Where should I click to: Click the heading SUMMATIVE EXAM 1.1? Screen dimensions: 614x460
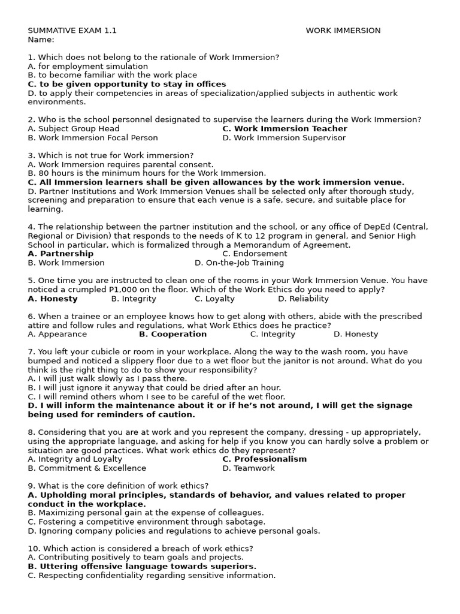click(x=72, y=31)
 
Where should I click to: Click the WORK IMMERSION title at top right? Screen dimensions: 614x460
click(x=343, y=31)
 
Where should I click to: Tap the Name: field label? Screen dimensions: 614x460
click(x=41, y=40)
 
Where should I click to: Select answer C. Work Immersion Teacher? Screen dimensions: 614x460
click(x=285, y=128)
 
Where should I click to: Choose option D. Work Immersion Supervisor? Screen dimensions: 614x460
click(x=284, y=137)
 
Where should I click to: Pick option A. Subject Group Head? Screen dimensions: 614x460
click(x=74, y=128)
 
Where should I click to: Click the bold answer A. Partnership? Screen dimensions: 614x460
click(x=60, y=254)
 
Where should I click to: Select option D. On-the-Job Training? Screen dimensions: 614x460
click(x=239, y=263)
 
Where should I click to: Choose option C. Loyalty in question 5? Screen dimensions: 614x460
click(x=214, y=299)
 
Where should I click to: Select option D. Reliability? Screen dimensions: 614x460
click(x=303, y=299)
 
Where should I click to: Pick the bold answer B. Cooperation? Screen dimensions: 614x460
click(x=172, y=334)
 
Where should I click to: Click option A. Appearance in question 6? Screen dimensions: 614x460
click(x=57, y=334)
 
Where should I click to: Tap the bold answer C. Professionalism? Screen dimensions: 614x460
click(x=264, y=459)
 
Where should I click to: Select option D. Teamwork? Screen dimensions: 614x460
click(x=248, y=468)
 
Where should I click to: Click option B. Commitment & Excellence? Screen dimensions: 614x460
click(x=87, y=468)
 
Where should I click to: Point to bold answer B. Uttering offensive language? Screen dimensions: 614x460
click(x=142, y=567)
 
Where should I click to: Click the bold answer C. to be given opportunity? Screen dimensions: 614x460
click(x=127, y=84)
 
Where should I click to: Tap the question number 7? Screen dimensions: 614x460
click(x=31, y=352)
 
